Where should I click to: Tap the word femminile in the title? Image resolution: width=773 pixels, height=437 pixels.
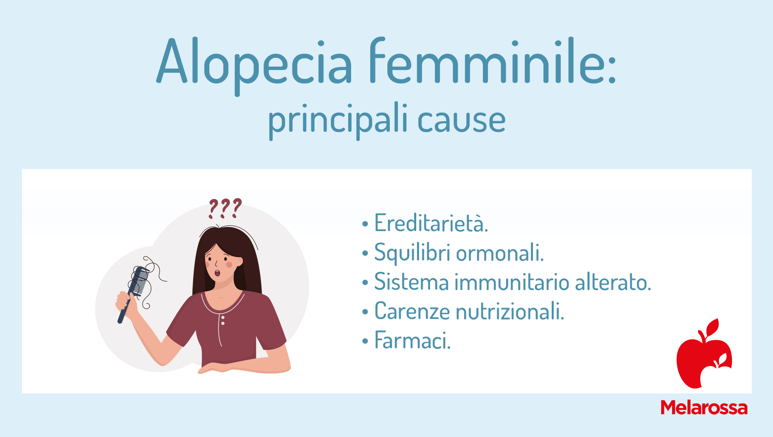point(493,61)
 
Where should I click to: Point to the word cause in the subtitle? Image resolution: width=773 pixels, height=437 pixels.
point(461,121)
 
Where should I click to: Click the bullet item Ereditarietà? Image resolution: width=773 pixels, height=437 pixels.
point(431,223)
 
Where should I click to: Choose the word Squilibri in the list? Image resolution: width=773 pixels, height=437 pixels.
point(412,253)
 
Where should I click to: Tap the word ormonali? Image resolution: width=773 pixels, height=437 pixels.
point(500,253)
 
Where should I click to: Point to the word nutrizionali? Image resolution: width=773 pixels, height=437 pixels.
point(510,312)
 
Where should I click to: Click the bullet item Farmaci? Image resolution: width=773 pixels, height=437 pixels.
point(413,341)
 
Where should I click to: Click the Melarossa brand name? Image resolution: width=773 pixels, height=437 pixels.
point(704,408)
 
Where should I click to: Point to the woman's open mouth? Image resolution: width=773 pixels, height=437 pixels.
point(218,273)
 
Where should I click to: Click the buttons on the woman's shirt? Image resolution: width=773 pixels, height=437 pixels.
point(223,320)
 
